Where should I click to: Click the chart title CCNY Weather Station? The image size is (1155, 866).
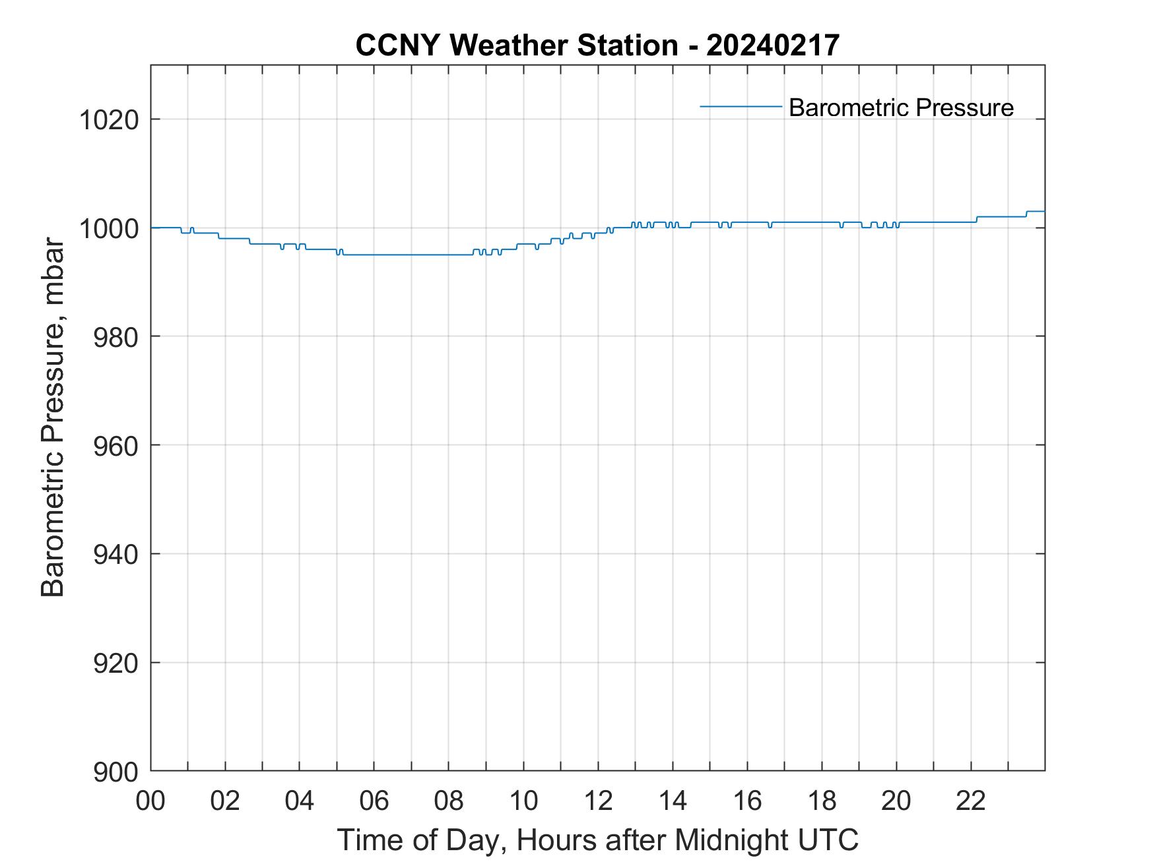coord(516,46)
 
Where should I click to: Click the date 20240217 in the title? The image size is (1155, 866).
coord(772,46)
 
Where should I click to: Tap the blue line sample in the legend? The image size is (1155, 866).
coord(741,106)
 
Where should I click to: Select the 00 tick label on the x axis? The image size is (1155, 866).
coord(150,801)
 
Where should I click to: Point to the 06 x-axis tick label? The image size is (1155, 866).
coord(374,801)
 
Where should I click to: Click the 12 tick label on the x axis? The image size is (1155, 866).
coord(598,801)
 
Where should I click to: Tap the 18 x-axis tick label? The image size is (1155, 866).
coord(822,801)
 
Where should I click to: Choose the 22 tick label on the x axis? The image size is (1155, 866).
coord(971,801)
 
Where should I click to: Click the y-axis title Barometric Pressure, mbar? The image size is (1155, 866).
coord(53,418)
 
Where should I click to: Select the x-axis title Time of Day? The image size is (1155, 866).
coord(422,840)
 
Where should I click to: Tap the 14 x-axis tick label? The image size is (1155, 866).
coord(673,801)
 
